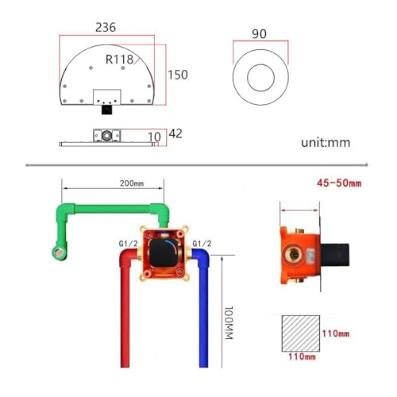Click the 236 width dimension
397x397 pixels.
pyautogui.click(x=106, y=27)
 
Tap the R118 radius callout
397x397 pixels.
pyautogui.click(x=119, y=60)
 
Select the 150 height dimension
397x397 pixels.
pyautogui.click(x=178, y=75)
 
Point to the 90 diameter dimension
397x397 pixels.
pyautogui.click(x=259, y=34)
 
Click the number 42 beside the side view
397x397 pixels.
pyautogui.click(x=175, y=133)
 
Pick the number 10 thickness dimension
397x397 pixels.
pyautogui.click(x=154, y=137)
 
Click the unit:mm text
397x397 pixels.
pyautogui.click(x=326, y=142)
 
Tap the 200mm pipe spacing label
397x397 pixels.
pyautogui.click(x=132, y=183)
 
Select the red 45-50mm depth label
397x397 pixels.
pyautogui.click(x=339, y=183)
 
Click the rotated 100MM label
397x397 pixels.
pyautogui.click(x=229, y=322)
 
